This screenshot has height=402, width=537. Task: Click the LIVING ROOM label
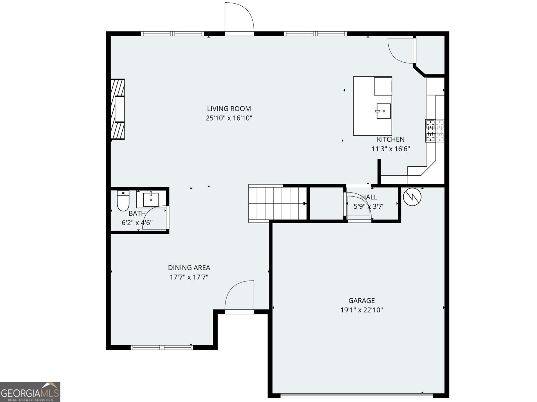tap(229, 109)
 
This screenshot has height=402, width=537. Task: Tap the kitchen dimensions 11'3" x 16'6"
tap(390, 149)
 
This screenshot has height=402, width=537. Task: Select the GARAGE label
tap(361, 301)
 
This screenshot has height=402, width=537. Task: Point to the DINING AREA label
tap(189, 268)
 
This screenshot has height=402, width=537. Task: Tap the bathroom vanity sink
tap(151, 200)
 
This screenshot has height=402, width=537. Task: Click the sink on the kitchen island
tap(383, 111)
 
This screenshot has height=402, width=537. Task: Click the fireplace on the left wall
tap(117, 109)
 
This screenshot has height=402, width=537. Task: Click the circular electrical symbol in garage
tap(412, 197)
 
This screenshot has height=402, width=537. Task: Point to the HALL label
tap(369, 197)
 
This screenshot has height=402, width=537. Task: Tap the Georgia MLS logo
tap(30, 392)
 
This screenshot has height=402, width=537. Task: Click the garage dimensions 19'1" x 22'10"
tap(361, 310)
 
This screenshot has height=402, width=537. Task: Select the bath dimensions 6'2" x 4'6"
tap(137, 223)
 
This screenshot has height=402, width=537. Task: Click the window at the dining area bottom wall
tap(162, 347)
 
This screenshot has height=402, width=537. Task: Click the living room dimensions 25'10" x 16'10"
tap(229, 118)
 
